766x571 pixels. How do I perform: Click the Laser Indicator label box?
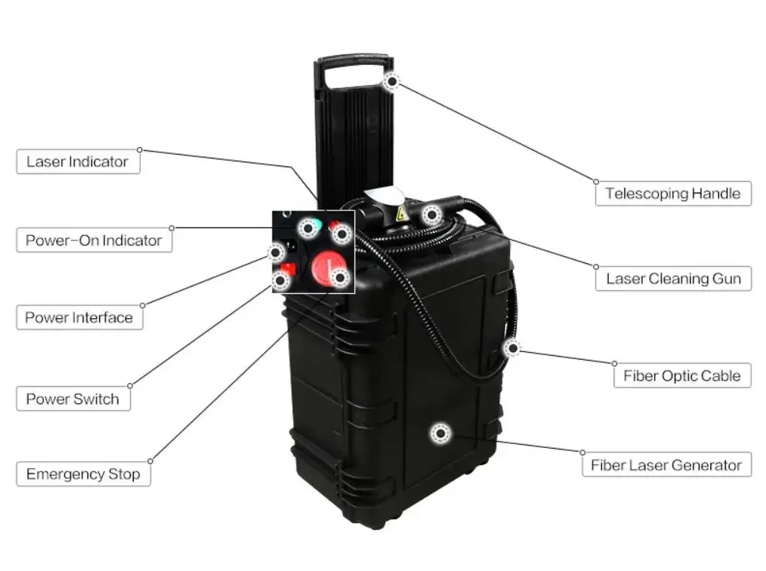(x=77, y=162)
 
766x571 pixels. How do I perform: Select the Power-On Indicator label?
(x=94, y=240)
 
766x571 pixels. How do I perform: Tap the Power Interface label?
(x=79, y=317)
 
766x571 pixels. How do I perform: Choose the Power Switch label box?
(x=73, y=399)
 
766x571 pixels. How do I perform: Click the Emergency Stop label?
(x=83, y=474)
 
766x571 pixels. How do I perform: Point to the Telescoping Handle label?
(x=672, y=193)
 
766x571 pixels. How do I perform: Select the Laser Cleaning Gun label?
(x=672, y=279)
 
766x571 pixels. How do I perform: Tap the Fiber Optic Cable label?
(x=682, y=376)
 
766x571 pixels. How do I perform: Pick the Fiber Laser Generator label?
(x=665, y=465)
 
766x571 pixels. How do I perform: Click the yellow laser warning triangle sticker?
(x=402, y=214)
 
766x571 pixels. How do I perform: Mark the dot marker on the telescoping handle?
(x=392, y=80)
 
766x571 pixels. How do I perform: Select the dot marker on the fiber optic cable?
(x=511, y=348)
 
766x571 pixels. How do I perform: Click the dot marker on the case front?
(x=441, y=434)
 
